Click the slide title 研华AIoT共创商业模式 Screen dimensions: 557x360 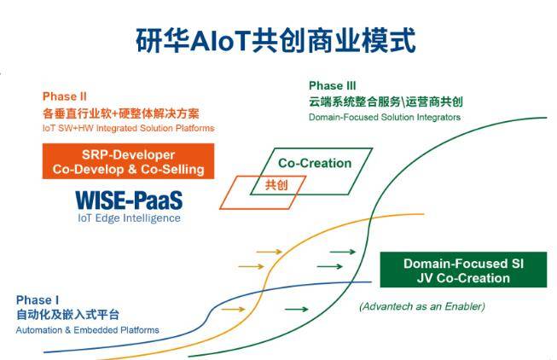coord(276,40)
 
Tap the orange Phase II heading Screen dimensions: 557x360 coord(64,96)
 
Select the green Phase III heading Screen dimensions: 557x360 coord(332,85)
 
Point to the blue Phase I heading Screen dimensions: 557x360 coord(38,300)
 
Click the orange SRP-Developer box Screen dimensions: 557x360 coord(128,161)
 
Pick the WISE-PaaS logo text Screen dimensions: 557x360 coord(129,200)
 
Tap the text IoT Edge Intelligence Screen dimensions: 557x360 coord(129,218)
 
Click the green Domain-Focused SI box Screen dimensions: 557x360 coord(463,270)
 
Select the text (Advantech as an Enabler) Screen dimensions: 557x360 coord(422,306)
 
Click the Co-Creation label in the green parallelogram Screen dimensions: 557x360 coord(315,163)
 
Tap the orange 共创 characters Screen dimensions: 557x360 coord(276,185)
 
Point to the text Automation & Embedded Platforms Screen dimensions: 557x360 coord(87,330)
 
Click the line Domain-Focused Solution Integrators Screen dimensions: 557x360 coord(385,117)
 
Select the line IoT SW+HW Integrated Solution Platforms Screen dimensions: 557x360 coord(128,128)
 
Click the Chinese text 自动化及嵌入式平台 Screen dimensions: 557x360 coord(67,315)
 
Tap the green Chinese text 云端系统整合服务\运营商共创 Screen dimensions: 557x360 coord(386,102)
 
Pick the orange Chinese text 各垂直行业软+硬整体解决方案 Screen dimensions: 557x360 coord(121,113)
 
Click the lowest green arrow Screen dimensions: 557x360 coord(297,309)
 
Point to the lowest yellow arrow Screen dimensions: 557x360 coord(234,309)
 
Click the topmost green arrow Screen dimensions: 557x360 coord(343,252)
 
